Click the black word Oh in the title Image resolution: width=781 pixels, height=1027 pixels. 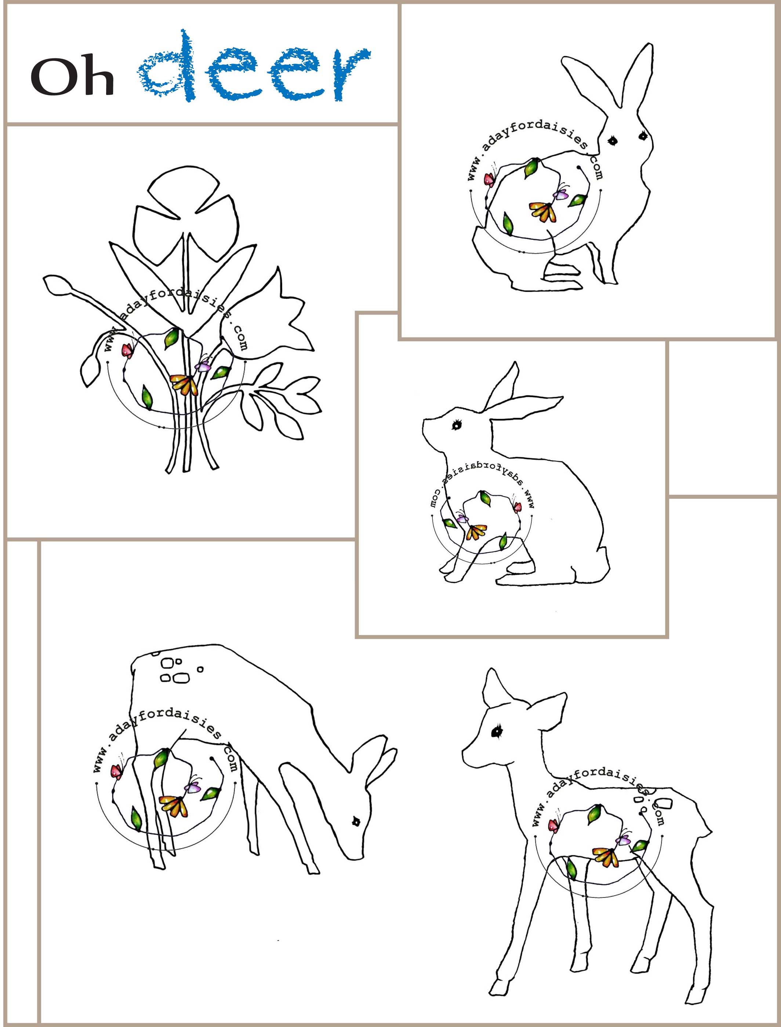pyautogui.click(x=73, y=77)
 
